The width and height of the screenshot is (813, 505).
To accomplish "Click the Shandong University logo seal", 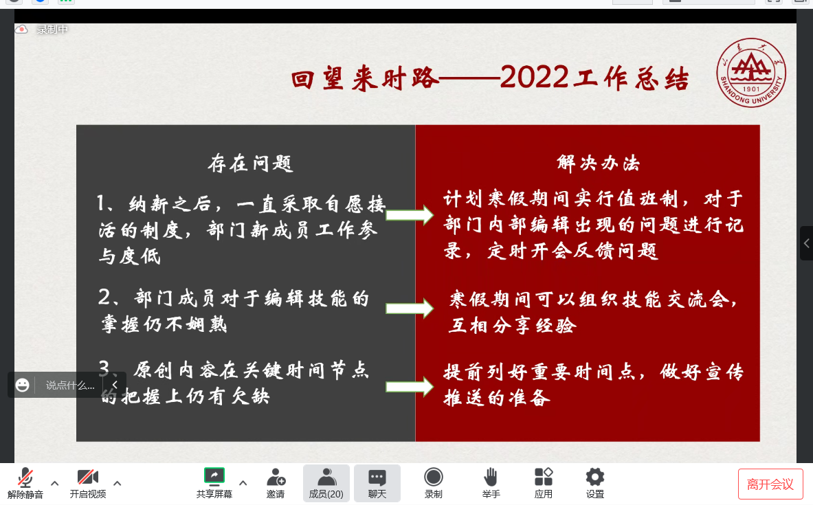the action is pyautogui.click(x=750, y=73).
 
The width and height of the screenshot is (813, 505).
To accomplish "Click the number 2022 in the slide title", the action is pyautogui.click(x=535, y=78).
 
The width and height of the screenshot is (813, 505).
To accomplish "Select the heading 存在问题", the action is pyautogui.click(x=250, y=164).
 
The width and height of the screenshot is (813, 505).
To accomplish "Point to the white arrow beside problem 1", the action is pyautogui.click(x=410, y=215).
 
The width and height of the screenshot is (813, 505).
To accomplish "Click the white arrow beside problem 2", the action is pyautogui.click(x=410, y=308).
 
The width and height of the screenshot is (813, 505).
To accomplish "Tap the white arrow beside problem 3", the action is pyautogui.click(x=410, y=386).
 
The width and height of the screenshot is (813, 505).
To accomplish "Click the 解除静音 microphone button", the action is pyautogui.click(x=25, y=483).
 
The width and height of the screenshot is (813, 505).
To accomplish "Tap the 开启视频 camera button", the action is pyautogui.click(x=88, y=483).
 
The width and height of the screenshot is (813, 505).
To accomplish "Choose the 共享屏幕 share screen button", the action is pyautogui.click(x=214, y=483).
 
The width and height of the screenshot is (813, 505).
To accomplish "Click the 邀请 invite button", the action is pyautogui.click(x=276, y=483).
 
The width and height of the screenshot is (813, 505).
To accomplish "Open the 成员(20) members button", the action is pyautogui.click(x=326, y=483).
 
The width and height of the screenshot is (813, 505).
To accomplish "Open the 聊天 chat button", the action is pyautogui.click(x=377, y=483).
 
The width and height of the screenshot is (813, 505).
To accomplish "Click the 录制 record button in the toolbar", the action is pyautogui.click(x=434, y=483).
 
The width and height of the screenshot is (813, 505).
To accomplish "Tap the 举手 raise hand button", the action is pyautogui.click(x=491, y=483).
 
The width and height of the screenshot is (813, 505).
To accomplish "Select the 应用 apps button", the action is pyautogui.click(x=544, y=483).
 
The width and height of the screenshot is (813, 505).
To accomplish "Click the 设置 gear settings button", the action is pyautogui.click(x=594, y=483).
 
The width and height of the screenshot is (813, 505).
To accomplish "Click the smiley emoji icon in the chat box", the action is pyautogui.click(x=22, y=385).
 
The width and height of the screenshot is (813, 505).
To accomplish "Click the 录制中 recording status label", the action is pyautogui.click(x=52, y=30).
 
